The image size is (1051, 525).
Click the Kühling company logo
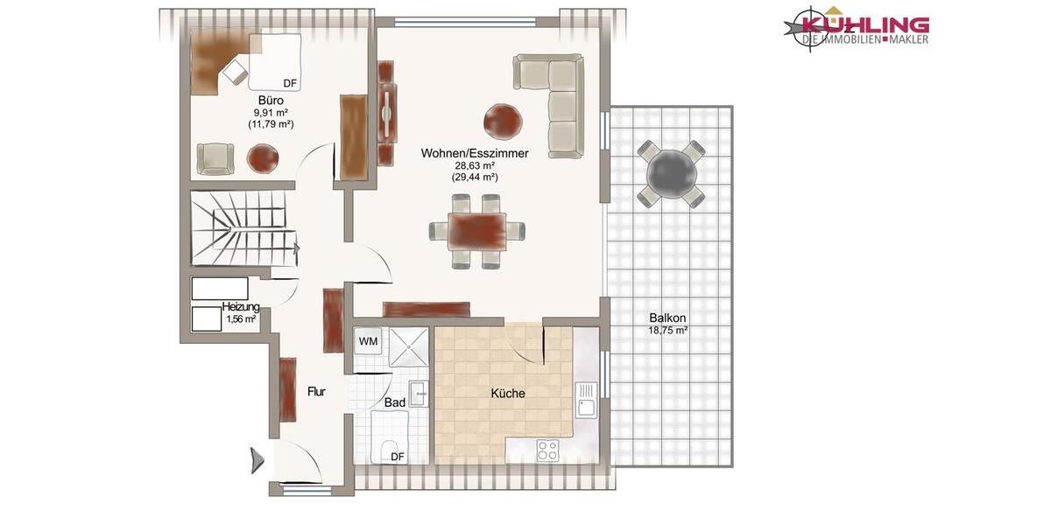tap(856, 26)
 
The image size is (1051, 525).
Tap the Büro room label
tap(271, 101)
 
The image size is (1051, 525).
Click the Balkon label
tap(667, 318)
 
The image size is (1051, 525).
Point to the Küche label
tap(507, 394)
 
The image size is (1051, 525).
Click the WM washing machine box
tap(368, 341)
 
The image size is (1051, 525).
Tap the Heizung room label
tap(240, 307)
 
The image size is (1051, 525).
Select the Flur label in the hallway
tap(316, 392)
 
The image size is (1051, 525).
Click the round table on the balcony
tap(671, 172)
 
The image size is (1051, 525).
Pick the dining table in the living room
tap(477, 231)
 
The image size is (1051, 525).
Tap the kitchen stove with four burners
tap(547, 450)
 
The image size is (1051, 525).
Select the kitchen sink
tap(585, 401)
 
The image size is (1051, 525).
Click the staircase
tap(239, 228)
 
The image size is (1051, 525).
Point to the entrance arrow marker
tap(257, 460)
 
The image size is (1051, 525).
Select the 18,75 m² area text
tap(667, 331)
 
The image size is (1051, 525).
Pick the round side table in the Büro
tap(263, 158)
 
